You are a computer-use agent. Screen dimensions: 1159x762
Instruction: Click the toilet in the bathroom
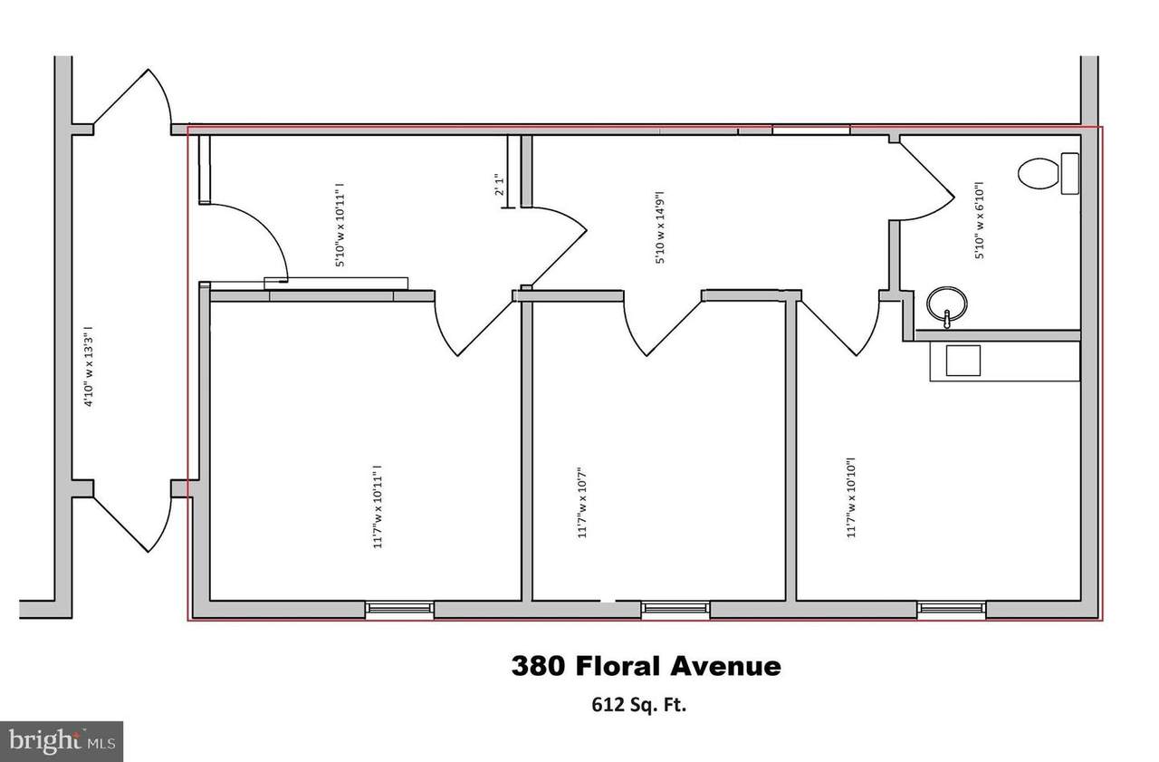click(1049, 173)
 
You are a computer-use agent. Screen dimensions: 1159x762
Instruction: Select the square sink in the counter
click(963, 361)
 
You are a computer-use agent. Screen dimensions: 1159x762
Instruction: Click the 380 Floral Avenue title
click(647, 666)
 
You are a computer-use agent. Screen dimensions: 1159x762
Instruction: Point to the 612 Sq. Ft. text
click(639, 705)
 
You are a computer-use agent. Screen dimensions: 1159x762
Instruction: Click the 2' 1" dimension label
click(499, 185)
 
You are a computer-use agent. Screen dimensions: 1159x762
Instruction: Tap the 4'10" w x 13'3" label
click(90, 367)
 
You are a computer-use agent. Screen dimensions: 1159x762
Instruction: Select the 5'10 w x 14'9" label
click(660, 227)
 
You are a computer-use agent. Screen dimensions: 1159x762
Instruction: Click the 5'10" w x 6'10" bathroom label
click(979, 220)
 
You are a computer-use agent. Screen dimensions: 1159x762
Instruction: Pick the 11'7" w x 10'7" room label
click(581, 503)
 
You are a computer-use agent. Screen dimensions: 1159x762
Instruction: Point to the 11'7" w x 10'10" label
click(850, 497)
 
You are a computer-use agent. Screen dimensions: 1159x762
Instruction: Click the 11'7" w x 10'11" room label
click(378, 506)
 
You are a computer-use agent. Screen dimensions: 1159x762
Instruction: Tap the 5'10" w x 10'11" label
click(340, 225)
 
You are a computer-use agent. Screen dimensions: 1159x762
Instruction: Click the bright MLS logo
click(61, 742)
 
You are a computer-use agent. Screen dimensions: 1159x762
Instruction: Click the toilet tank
click(1070, 173)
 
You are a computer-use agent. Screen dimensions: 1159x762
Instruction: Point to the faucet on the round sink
click(946, 319)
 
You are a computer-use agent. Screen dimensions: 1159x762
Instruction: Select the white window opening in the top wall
click(810, 130)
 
